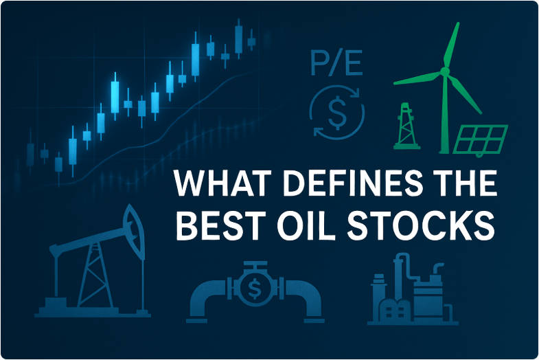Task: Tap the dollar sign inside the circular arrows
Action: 338,113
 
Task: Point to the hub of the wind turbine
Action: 444,71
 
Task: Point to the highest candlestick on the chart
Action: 239,34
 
